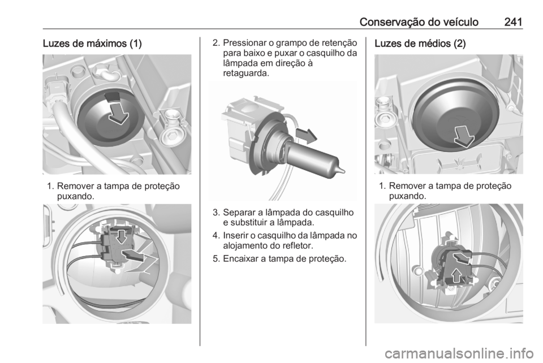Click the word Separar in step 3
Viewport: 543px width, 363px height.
pos(238,214)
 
